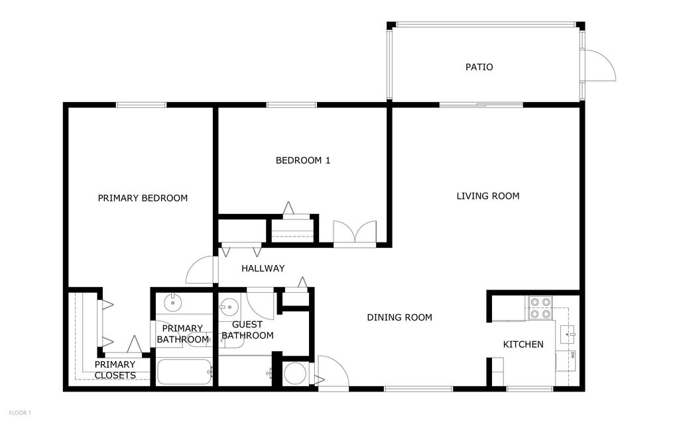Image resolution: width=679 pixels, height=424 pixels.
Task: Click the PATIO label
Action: pos(479,67)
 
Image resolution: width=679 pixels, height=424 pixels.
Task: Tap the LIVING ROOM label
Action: pos(487,196)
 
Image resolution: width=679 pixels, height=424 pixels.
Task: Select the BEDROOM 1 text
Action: pos(302,160)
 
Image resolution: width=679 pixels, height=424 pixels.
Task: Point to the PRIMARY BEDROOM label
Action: pos(143,198)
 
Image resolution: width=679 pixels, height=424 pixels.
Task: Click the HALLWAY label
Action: pos(263,268)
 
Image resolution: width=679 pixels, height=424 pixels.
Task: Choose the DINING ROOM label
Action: pos(399,317)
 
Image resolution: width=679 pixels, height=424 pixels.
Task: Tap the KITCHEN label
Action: pos(523,344)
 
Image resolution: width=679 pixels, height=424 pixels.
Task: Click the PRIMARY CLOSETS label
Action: pos(115,370)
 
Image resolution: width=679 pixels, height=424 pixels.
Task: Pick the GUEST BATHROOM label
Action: pos(247,330)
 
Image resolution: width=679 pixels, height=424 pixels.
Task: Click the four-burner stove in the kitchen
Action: pos(540,307)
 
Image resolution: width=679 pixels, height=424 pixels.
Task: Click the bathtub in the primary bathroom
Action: pos(184,372)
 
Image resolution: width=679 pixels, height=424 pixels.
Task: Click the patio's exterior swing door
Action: pos(600,66)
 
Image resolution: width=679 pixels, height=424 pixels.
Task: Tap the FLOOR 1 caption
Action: pos(20,413)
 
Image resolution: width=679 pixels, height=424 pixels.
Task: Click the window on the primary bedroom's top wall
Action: pos(141,105)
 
